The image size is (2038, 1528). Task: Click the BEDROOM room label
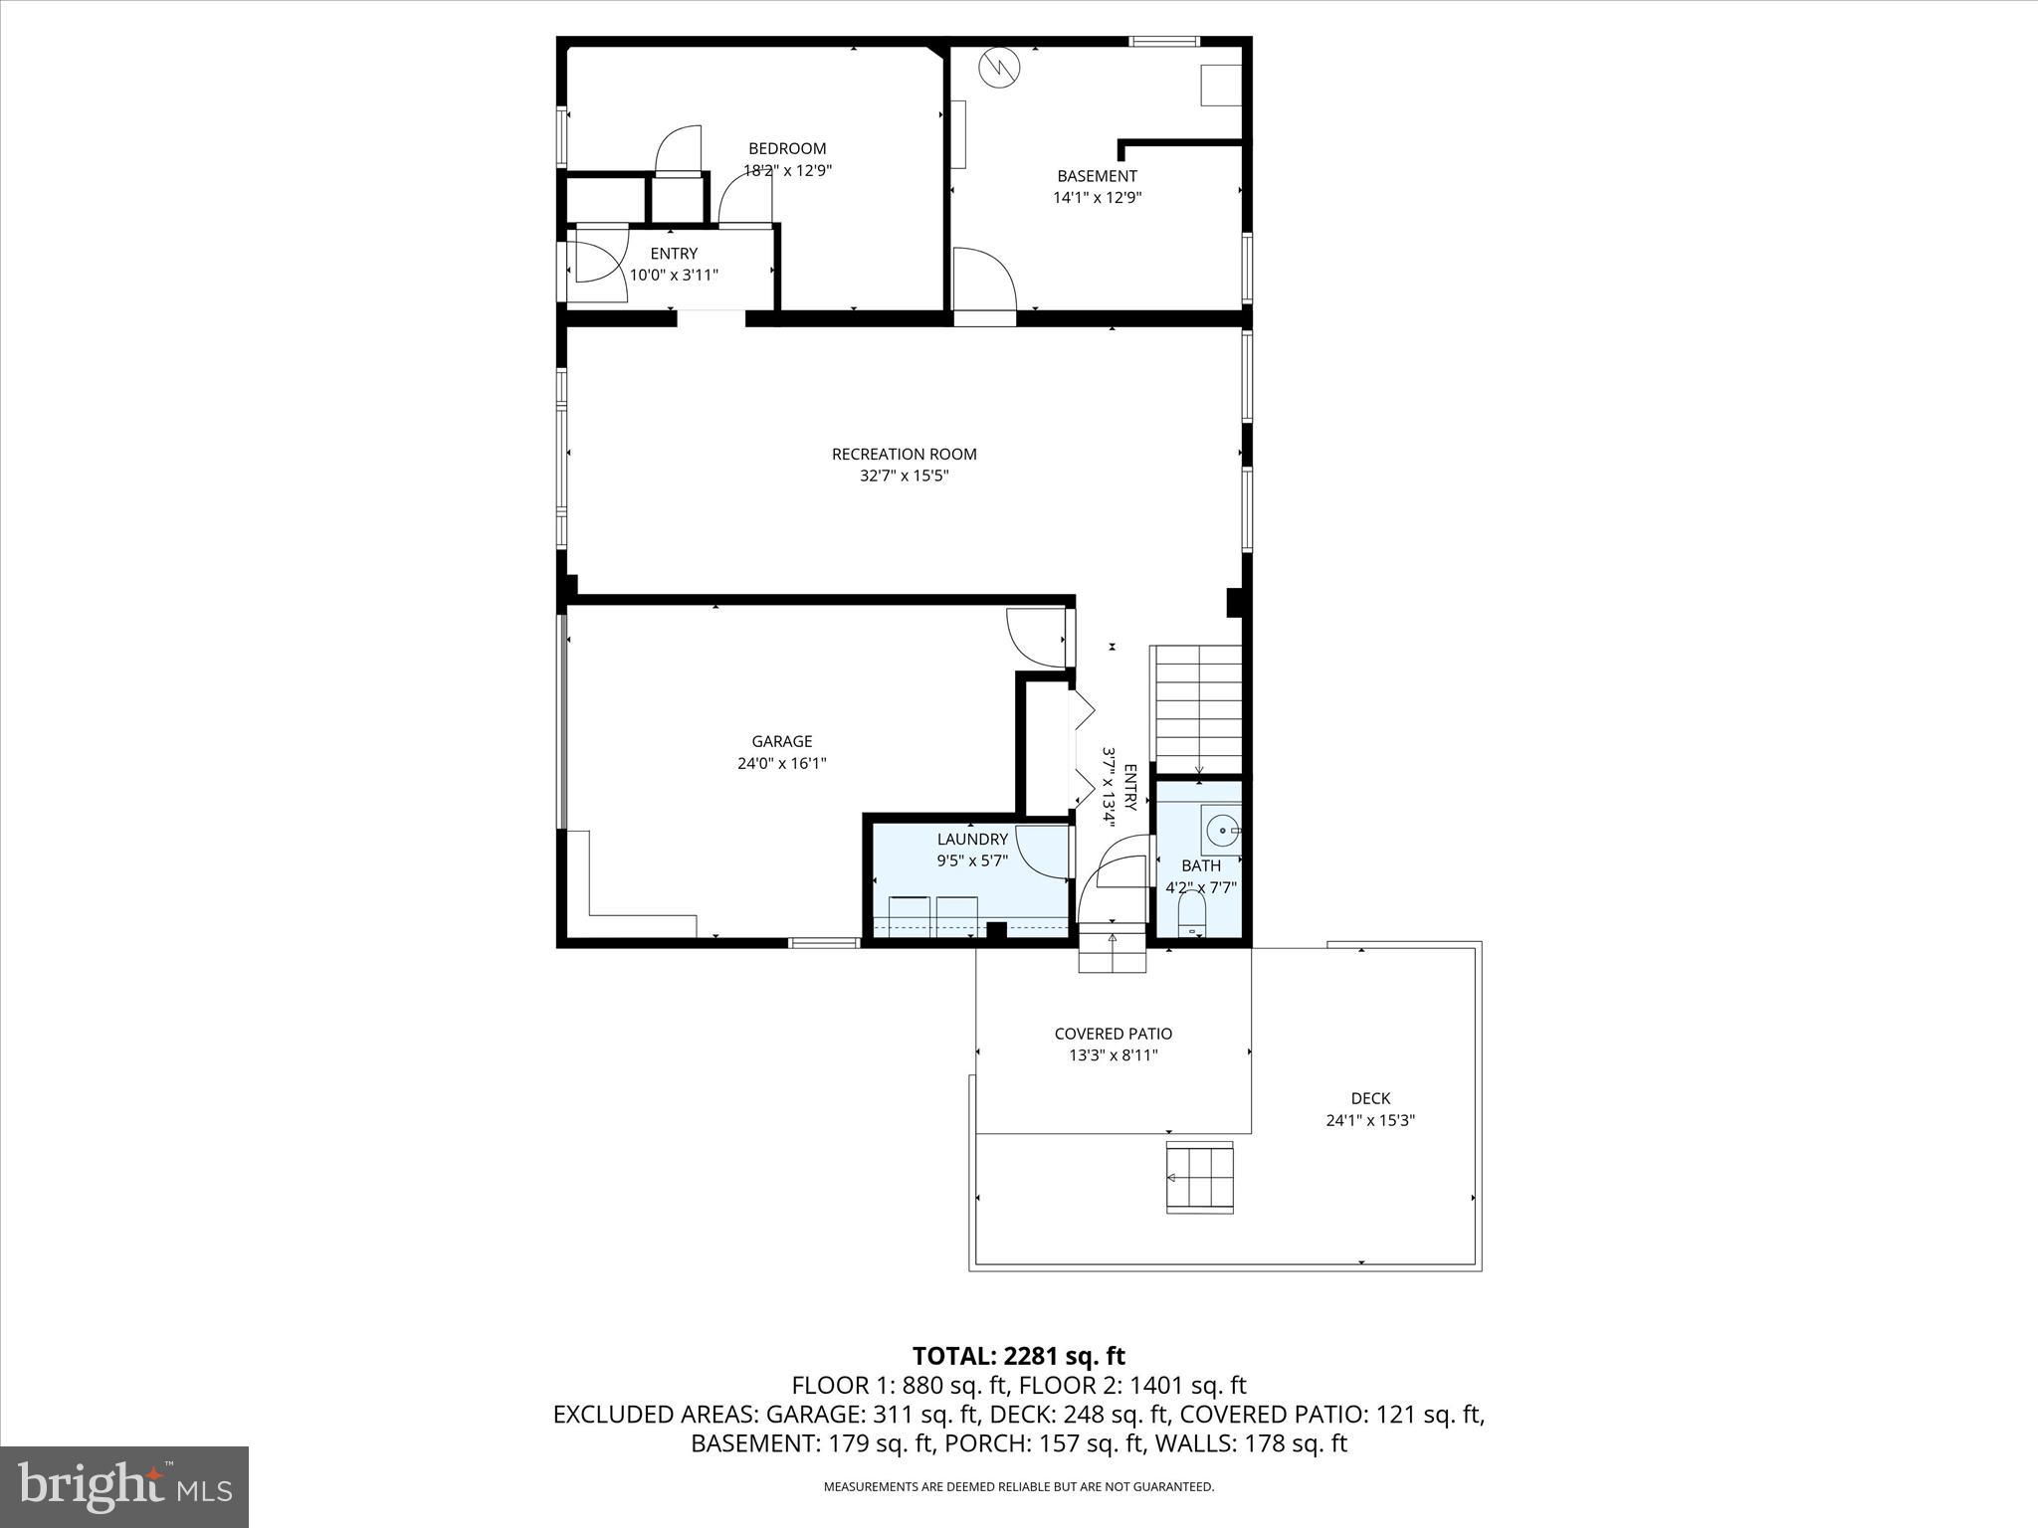787,149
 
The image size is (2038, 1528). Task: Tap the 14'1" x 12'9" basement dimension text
1097,197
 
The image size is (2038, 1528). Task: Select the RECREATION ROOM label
904,454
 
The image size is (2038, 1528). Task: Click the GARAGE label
781,741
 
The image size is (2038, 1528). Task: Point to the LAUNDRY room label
972,840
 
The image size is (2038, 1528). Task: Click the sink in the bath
1221,829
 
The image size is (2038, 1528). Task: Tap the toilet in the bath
1191,912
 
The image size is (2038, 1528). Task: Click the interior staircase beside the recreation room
1198,706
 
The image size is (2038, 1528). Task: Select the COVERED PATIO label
1113,1034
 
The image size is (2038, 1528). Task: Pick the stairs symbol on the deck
1199,1178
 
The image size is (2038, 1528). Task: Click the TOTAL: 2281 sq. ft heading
1018,1356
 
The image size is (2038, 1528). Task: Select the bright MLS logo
124,1486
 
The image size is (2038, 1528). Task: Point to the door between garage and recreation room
1038,637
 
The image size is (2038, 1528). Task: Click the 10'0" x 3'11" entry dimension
674,275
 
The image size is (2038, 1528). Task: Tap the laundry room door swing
1043,851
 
